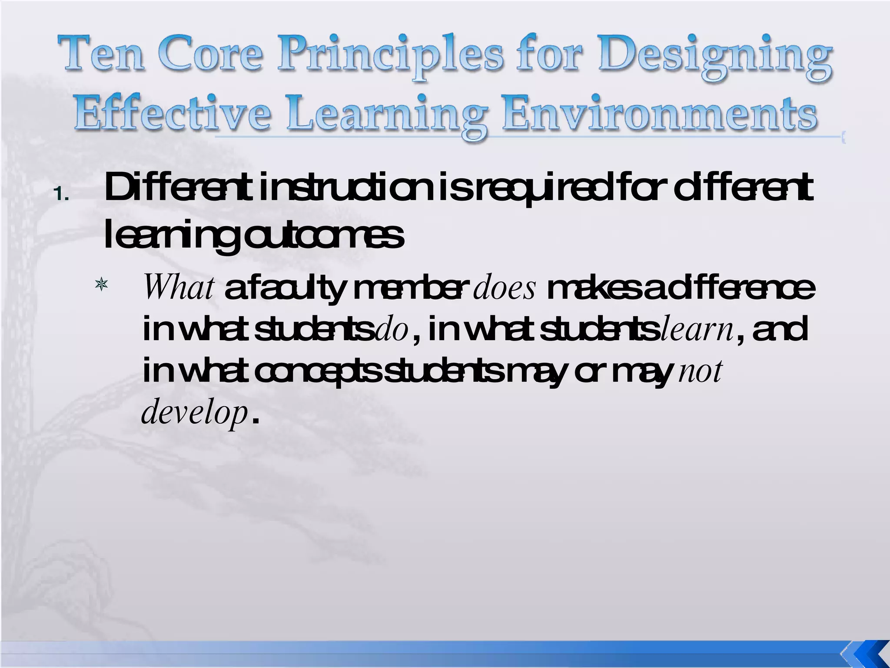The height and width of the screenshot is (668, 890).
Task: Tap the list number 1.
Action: tap(61, 195)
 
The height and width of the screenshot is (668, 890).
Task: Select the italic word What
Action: tap(179, 288)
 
